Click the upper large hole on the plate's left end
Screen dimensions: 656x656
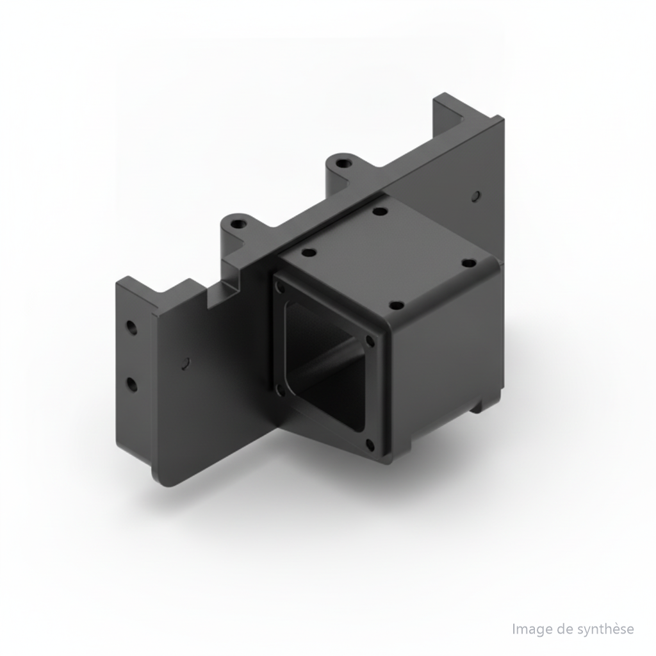pos(132,327)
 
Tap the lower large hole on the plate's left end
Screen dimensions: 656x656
pos(132,384)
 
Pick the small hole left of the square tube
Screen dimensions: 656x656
pos(186,362)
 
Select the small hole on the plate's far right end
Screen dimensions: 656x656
pos(476,195)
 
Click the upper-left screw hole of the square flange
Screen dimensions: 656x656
pos(280,286)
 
